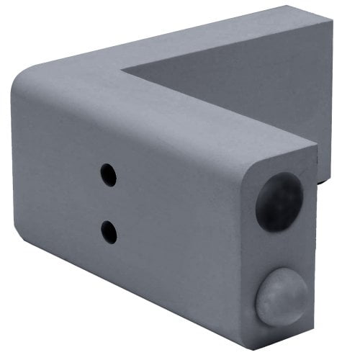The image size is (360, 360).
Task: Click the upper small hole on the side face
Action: click(x=108, y=174)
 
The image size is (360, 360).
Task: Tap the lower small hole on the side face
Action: click(x=109, y=230)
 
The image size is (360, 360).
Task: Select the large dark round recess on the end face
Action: click(x=279, y=202)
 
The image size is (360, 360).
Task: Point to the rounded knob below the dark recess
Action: click(x=282, y=295)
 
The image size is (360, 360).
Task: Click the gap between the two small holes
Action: click(x=108, y=202)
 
